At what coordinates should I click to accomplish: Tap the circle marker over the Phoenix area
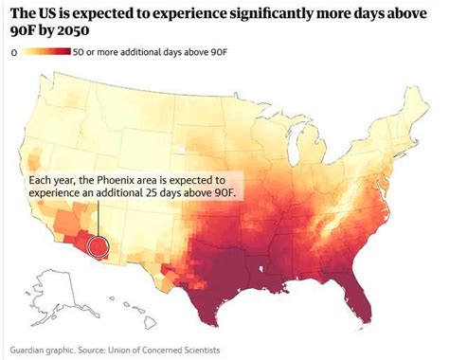point(98,247)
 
